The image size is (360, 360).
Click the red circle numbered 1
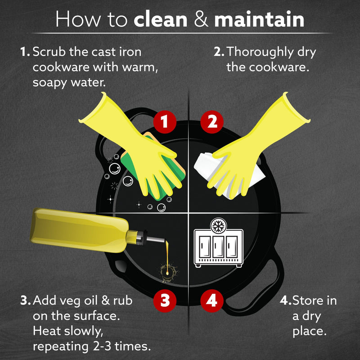pyautogui.click(x=165, y=121)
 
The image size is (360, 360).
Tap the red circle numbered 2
pyautogui.click(x=212, y=121)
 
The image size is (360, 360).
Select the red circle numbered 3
pyautogui.click(x=165, y=301)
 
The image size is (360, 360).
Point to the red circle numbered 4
pyautogui.click(x=212, y=301)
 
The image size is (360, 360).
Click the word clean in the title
pyautogui.click(x=161, y=19)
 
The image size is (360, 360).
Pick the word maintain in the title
pyautogui.click(x=259, y=19)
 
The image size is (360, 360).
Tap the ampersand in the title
pyautogui.click(x=201, y=20)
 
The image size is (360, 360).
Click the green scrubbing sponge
pyautogui.click(x=153, y=165)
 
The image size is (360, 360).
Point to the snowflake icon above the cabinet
pyautogui.click(x=218, y=226)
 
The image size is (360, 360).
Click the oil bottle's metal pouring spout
pyautogui.click(x=155, y=240)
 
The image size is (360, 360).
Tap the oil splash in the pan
pyautogui.click(x=169, y=272)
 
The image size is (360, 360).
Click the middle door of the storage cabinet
pyautogui.click(x=218, y=247)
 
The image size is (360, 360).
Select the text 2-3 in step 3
pyautogui.click(x=101, y=346)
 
